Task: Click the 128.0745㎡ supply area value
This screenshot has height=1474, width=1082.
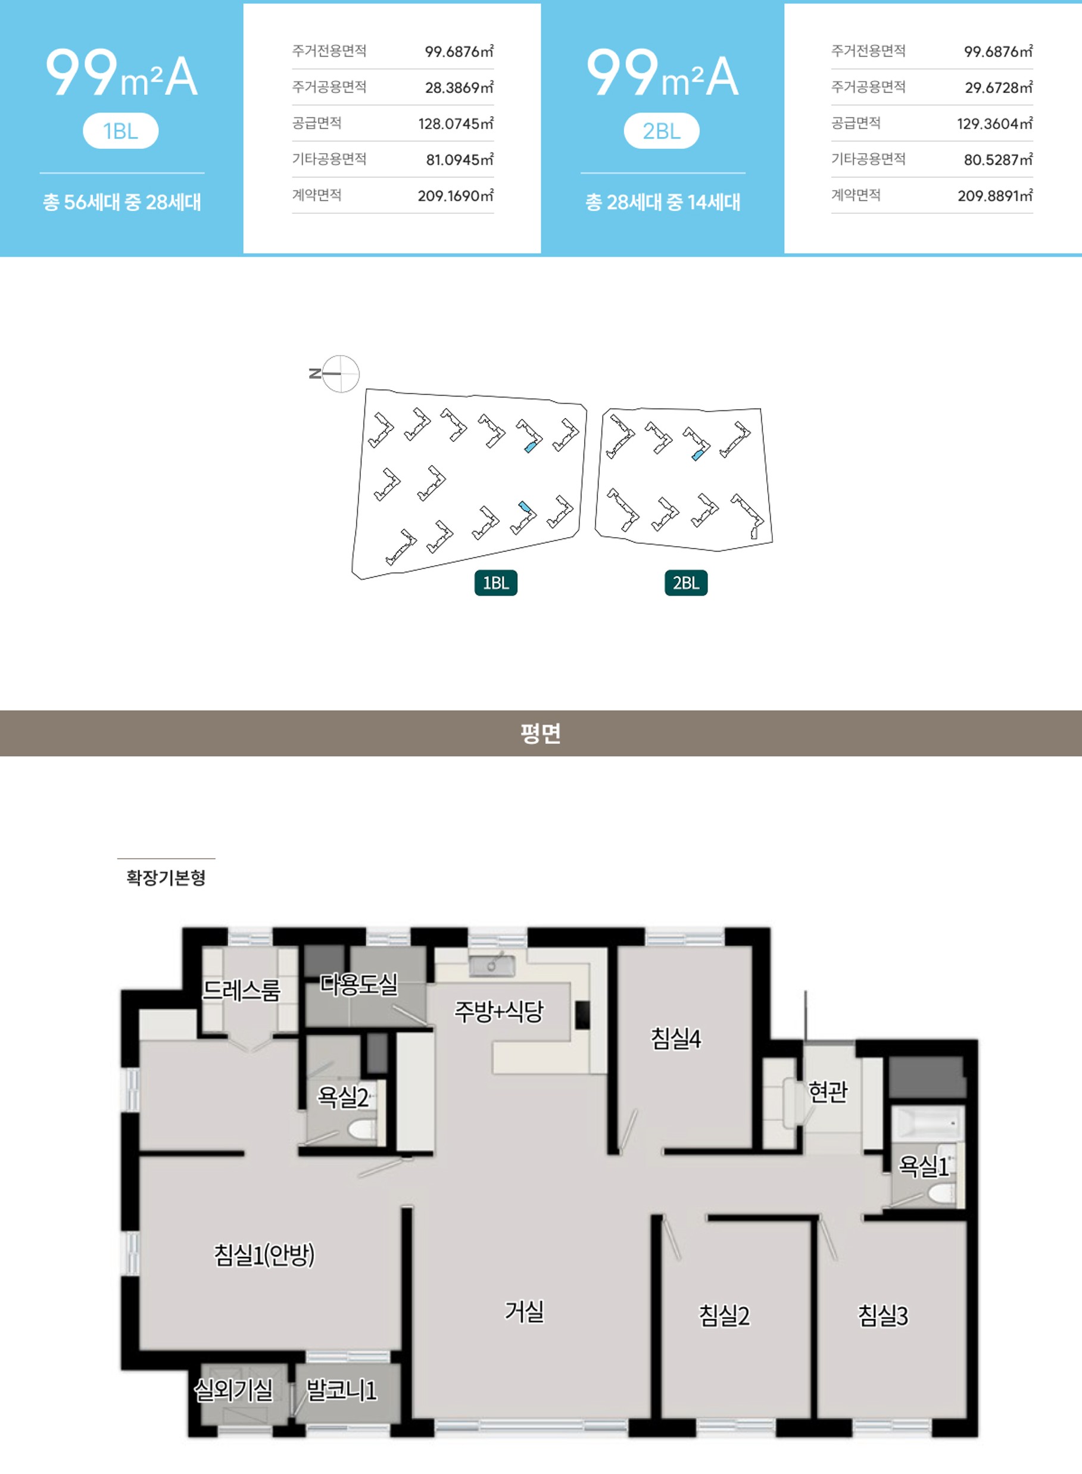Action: pyautogui.click(x=456, y=123)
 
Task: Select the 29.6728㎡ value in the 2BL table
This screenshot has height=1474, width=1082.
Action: pyautogui.click(x=998, y=87)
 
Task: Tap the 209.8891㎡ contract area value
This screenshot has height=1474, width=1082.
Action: pyautogui.click(x=995, y=195)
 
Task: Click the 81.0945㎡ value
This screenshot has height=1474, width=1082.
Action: pyautogui.click(x=460, y=159)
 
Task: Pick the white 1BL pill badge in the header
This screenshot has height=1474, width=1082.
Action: pyautogui.click(x=120, y=131)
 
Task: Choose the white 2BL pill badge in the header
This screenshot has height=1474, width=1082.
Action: pyautogui.click(x=662, y=131)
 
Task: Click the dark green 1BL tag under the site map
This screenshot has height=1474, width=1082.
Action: pyautogui.click(x=496, y=582)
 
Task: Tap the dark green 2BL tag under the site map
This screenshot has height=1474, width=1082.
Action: pyautogui.click(x=686, y=582)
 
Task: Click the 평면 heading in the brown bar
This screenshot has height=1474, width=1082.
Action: pyautogui.click(x=541, y=733)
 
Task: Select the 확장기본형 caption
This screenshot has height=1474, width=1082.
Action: pyautogui.click(x=166, y=877)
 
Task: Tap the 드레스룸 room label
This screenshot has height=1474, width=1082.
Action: pyautogui.click(x=241, y=990)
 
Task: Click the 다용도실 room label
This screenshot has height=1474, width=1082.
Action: pyautogui.click(x=359, y=983)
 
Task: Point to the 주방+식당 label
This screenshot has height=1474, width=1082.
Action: pyautogui.click(x=499, y=1011)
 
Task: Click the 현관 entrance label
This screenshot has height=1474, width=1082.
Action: pyautogui.click(x=828, y=1092)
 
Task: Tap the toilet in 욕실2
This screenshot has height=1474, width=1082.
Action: pyautogui.click(x=361, y=1128)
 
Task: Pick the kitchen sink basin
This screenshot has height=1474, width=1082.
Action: pyautogui.click(x=492, y=965)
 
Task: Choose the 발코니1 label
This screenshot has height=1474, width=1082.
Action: pyautogui.click(x=342, y=1389)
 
